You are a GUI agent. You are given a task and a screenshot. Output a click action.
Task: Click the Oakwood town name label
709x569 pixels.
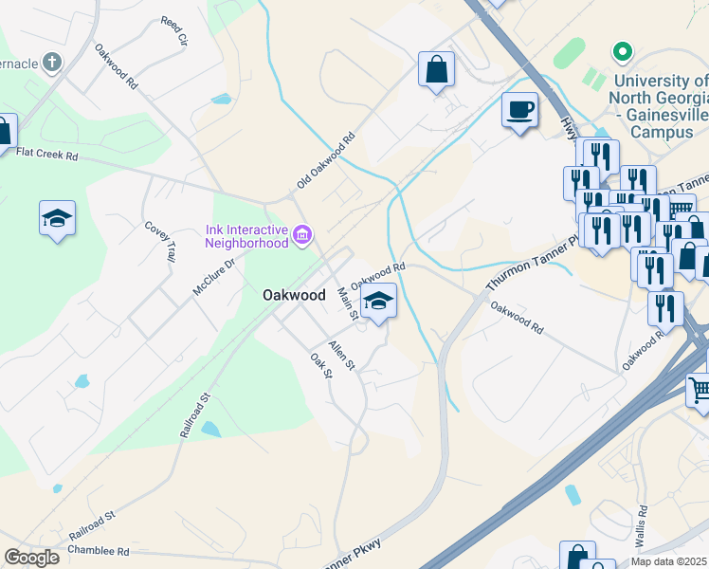294,295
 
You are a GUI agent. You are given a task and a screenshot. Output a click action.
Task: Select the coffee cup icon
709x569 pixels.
518,109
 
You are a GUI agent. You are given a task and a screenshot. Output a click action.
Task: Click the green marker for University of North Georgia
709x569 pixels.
622,50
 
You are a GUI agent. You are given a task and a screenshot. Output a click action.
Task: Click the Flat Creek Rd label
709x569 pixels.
45,153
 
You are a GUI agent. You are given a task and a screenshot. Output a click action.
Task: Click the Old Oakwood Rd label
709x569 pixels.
325,159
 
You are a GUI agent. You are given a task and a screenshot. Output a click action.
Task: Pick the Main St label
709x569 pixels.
347,304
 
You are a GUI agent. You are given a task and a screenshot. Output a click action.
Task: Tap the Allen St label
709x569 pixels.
341,355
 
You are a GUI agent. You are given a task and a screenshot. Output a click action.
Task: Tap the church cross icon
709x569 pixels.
53,63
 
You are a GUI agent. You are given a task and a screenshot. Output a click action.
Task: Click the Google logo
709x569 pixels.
31,558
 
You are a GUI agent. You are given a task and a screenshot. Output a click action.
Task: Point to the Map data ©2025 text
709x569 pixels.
669,561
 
